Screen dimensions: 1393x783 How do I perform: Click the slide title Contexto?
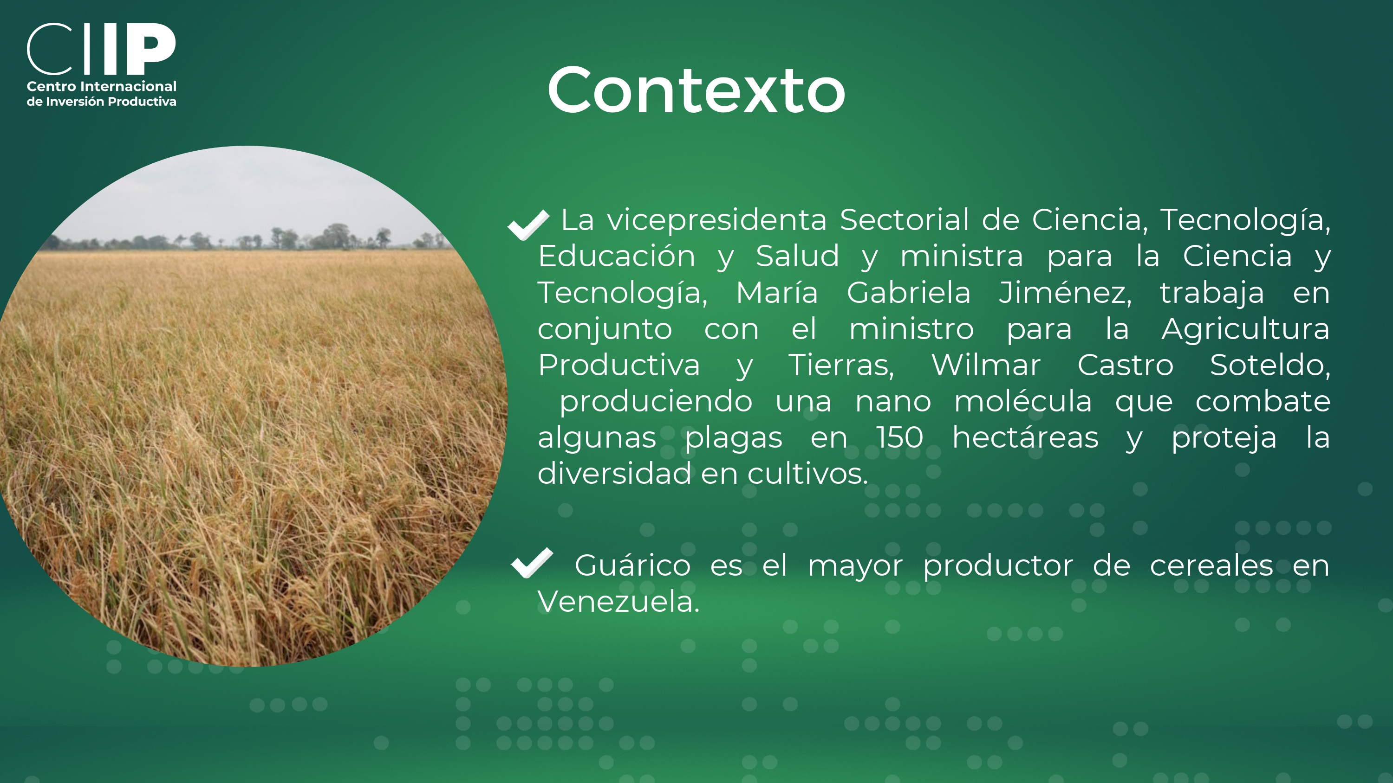tap(696, 90)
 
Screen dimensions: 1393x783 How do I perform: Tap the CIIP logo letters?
tap(101, 49)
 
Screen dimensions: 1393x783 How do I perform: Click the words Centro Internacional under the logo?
tap(102, 86)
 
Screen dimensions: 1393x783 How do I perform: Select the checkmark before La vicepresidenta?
tap(528, 224)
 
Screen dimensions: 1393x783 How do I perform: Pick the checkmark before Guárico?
tap(532, 563)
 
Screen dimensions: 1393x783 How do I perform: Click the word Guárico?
tap(632, 566)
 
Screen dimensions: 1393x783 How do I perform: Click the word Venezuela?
tap(618, 602)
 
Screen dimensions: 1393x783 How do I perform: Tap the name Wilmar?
tap(985, 366)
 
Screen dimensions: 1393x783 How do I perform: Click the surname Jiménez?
tap(1065, 293)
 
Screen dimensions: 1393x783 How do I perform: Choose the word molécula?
tap(1022, 402)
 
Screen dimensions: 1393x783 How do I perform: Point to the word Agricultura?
tap(1245, 329)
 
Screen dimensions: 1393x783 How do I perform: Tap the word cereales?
tap(1211, 566)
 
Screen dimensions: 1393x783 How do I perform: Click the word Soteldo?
tap(1269, 366)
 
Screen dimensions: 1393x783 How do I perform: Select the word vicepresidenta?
tap(716, 220)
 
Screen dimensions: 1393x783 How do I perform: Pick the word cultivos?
tap(808, 474)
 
